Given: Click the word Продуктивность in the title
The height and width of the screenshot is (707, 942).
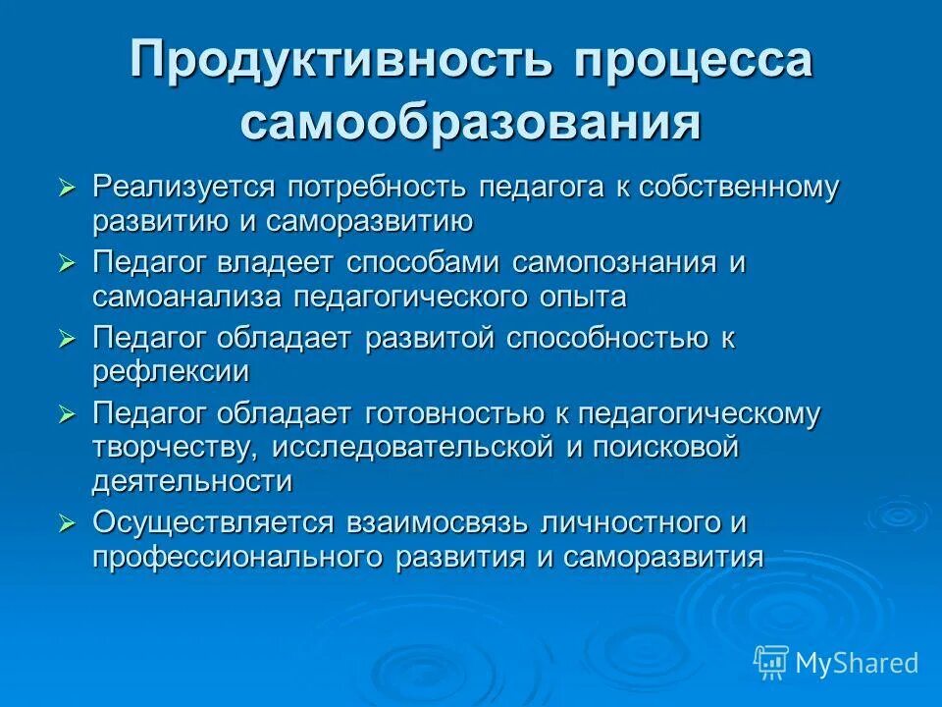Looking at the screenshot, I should click(x=337, y=62).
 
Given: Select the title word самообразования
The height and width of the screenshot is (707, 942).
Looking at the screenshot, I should click(x=470, y=123).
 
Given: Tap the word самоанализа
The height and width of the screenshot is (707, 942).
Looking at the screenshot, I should click(x=201, y=296).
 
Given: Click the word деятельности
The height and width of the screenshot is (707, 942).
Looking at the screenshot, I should click(x=192, y=481).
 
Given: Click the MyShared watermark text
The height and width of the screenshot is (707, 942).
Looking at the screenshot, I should click(x=857, y=663).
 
